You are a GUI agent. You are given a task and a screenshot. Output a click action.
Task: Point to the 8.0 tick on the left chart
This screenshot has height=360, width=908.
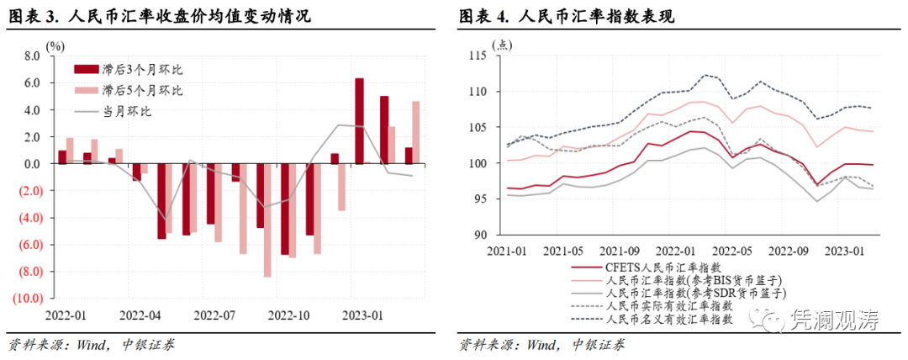coord(32,56)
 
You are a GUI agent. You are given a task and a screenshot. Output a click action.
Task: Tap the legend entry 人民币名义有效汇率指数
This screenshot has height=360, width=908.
coord(669,320)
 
